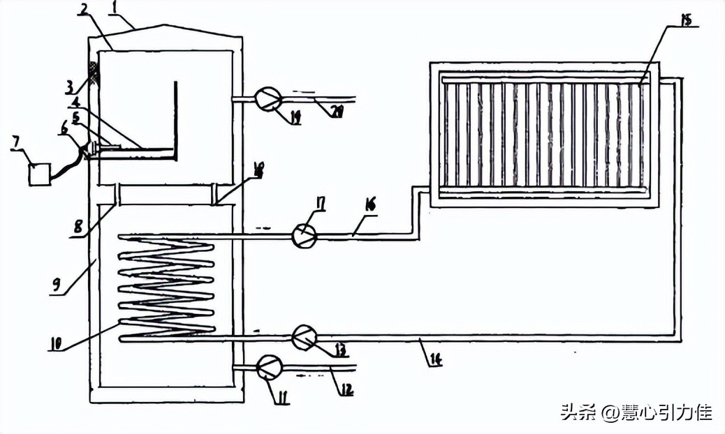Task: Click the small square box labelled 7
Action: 39,173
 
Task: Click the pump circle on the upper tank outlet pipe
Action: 266,98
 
